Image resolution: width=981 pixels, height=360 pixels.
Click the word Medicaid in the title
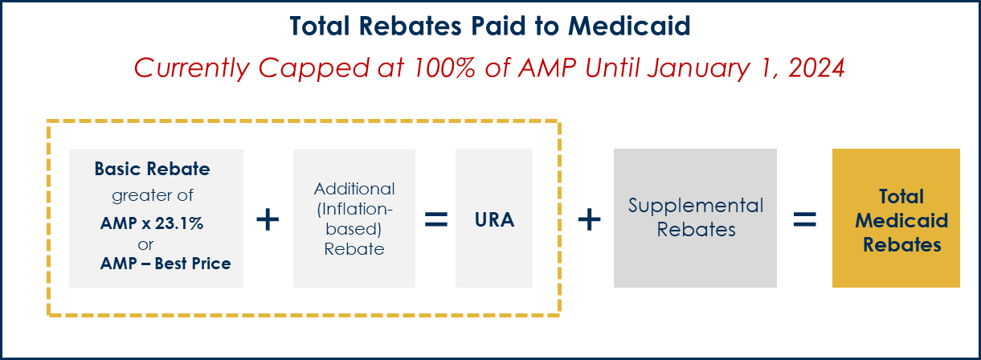pos(629,27)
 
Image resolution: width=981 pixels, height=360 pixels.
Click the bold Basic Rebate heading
pos(152,170)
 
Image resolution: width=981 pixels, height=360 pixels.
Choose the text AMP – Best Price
pos(166,263)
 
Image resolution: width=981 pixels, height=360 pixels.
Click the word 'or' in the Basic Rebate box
pos(146,243)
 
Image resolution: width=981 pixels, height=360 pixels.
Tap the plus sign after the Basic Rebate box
pos(267,219)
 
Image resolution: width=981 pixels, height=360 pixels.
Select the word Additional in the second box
pos(354,189)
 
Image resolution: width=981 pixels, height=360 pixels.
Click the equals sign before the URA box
pos(436,219)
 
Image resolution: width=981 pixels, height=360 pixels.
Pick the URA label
pos(494,219)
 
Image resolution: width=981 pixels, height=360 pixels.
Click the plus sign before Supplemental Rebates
pos(590,219)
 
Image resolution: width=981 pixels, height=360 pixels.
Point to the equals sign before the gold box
pos(805,219)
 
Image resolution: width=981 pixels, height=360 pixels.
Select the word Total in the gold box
pos(901,197)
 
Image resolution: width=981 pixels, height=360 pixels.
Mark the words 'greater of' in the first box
pos(153,195)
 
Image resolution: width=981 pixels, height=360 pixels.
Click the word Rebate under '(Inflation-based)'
pos(354,249)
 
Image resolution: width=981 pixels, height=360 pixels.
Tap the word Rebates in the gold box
pos(901,244)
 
